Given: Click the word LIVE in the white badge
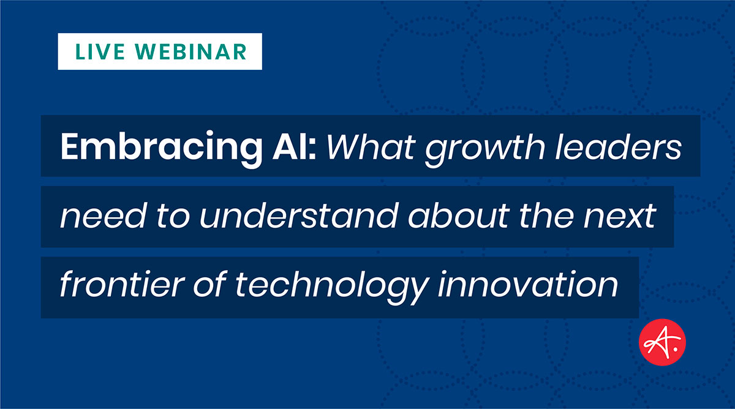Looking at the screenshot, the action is pos(100,52).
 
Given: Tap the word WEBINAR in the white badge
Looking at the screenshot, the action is pos(190,52).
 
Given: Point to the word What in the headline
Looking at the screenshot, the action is pos(371,146).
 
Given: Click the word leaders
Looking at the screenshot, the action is pos(618,146).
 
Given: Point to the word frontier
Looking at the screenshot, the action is pos(122,283).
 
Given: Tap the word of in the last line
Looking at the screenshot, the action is pos(210,283).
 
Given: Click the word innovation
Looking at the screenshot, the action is pos(528,283).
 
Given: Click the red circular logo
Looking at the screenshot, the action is pos(662,342).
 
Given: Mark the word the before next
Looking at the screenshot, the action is pos(546,216).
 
